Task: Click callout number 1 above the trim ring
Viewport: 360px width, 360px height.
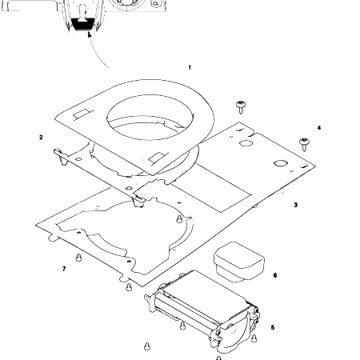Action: [x=190, y=67]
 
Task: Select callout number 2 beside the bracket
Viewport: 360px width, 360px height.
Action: [x=41, y=137]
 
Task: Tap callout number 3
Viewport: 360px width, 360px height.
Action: [x=295, y=205]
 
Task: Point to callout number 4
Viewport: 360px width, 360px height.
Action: [x=318, y=128]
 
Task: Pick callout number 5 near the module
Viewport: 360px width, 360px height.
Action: [x=273, y=327]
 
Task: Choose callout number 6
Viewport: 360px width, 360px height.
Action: [x=274, y=275]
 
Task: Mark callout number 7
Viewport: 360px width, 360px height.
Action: [x=63, y=269]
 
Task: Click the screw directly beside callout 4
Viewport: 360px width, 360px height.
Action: [x=304, y=143]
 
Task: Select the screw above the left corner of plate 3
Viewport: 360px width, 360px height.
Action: [x=240, y=106]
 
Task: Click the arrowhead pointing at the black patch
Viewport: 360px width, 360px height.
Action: [x=90, y=34]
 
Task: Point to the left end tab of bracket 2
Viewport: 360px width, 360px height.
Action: [x=58, y=152]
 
